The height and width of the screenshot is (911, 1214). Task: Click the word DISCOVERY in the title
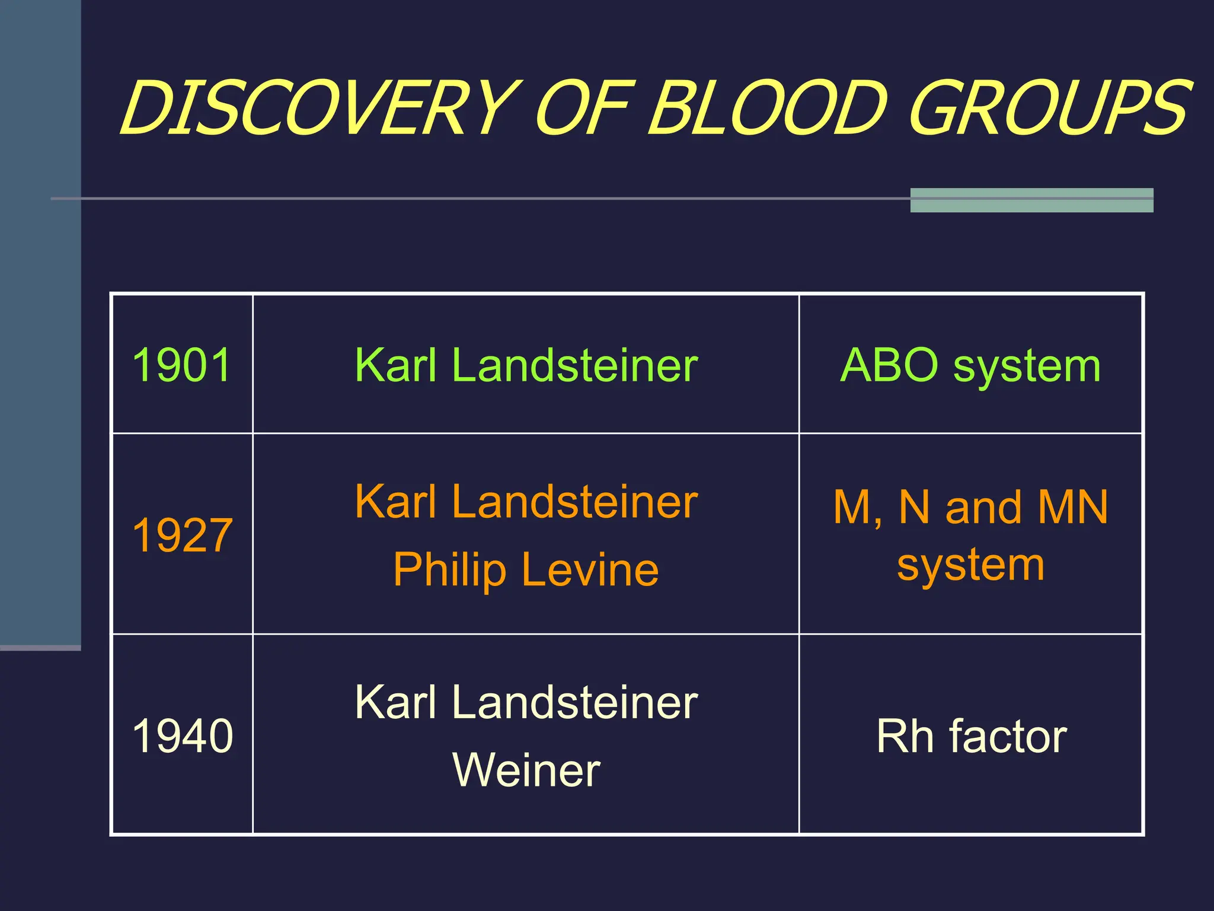tap(320, 108)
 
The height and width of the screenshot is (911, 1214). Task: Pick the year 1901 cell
tap(182, 365)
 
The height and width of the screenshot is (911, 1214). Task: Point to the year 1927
tap(182, 535)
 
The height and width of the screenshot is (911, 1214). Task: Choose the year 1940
tap(182, 735)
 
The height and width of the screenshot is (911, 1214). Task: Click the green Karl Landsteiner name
tap(526, 365)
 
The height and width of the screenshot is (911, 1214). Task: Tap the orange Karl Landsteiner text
tap(526, 502)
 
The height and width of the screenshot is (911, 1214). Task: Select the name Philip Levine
tap(526, 569)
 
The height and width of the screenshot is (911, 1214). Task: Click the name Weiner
tap(526, 770)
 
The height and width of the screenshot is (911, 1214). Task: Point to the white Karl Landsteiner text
tap(526, 702)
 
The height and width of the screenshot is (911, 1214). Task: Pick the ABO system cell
tap(970, 365)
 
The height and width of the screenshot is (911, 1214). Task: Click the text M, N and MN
tap(970, 508)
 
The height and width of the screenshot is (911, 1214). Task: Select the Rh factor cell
tap(970, 735)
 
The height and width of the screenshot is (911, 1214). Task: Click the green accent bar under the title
tap(1031, 200)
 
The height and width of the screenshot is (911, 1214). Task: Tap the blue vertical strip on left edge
tap(40, 320)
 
